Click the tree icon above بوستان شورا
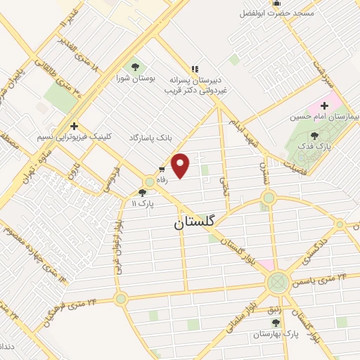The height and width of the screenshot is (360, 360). click(135, 67)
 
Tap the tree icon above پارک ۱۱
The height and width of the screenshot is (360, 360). click(143, 192)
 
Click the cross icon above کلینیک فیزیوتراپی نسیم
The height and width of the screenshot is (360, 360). click(74, 126)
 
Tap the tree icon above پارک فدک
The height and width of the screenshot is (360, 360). click(314, 136)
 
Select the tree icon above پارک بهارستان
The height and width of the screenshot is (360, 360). click(275, 323)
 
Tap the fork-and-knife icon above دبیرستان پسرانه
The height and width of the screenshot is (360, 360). click(195, 69)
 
